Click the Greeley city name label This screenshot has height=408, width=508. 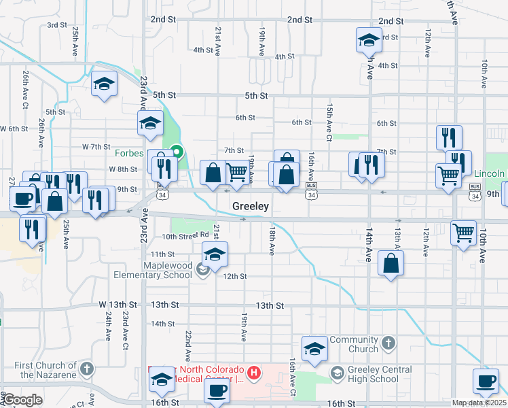click(x=251, y=206)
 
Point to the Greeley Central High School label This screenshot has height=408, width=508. click(x=380, y=374)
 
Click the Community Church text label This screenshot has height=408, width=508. click(x=353, y=344)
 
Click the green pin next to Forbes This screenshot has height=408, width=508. click(x=177, y=152)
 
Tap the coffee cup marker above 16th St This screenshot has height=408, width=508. click(x=217, y=390)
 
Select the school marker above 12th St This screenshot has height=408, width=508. click(x=215, y=256)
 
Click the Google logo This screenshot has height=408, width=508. click(x=22, y=400)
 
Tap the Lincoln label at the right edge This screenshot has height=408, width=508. click(x=488, y=173)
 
